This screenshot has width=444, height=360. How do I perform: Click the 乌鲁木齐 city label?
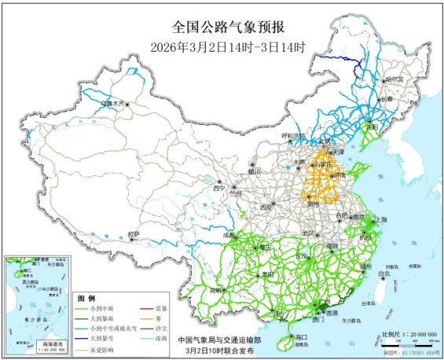pos(115,103)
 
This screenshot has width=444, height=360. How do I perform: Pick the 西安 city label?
pos(266,207)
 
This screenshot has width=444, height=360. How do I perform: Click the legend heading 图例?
pos(86,299)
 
